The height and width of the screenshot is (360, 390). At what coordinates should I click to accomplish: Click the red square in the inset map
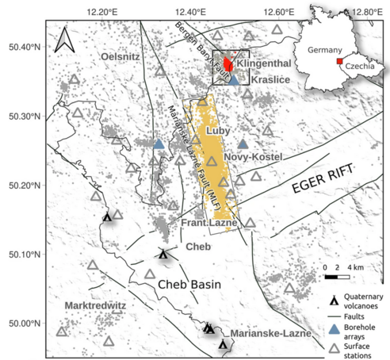[339, 62]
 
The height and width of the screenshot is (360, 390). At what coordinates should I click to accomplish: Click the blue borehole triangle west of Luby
[159, 144]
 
